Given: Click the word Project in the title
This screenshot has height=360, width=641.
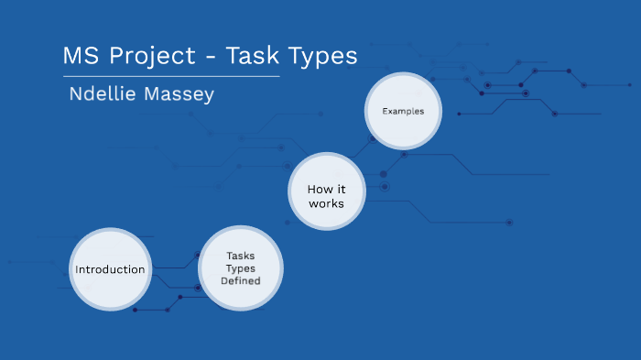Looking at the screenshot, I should coord(154,56).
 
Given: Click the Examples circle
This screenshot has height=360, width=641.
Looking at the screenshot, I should coord(403,111).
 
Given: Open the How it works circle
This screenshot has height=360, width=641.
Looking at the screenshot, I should coord(326,195).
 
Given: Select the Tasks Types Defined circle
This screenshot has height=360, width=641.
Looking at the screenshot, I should coord(241,268).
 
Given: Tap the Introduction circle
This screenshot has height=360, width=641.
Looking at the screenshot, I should coord(110,269).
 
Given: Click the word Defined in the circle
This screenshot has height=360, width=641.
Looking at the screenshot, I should coord(241,281).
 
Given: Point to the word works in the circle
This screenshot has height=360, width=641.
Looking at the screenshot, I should coord(326,202).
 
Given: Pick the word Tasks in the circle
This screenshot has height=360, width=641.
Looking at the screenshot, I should coord(241,256).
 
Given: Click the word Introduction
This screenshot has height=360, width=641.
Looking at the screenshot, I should coord(110,269).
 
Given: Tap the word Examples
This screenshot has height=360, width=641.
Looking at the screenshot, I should coord(403,111).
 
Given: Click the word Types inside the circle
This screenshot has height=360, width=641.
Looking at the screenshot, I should coord(241,268).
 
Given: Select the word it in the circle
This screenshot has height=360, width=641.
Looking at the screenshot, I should coord(340,189).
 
